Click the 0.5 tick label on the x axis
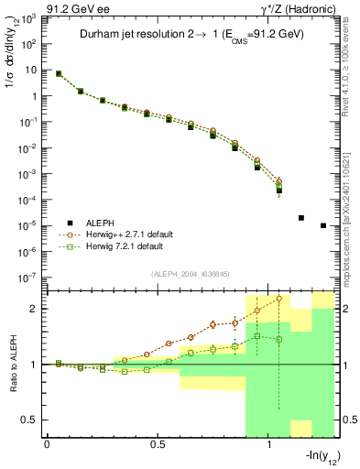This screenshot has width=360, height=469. click(x=158, y=443)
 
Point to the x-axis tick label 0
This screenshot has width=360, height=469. click(x=47, y=443)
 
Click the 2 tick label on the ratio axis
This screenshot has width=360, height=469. click(x=33, y=309)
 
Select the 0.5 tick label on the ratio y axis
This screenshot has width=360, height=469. click(x=29, y=420)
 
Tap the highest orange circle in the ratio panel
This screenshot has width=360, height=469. click(x=279, y=299)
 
